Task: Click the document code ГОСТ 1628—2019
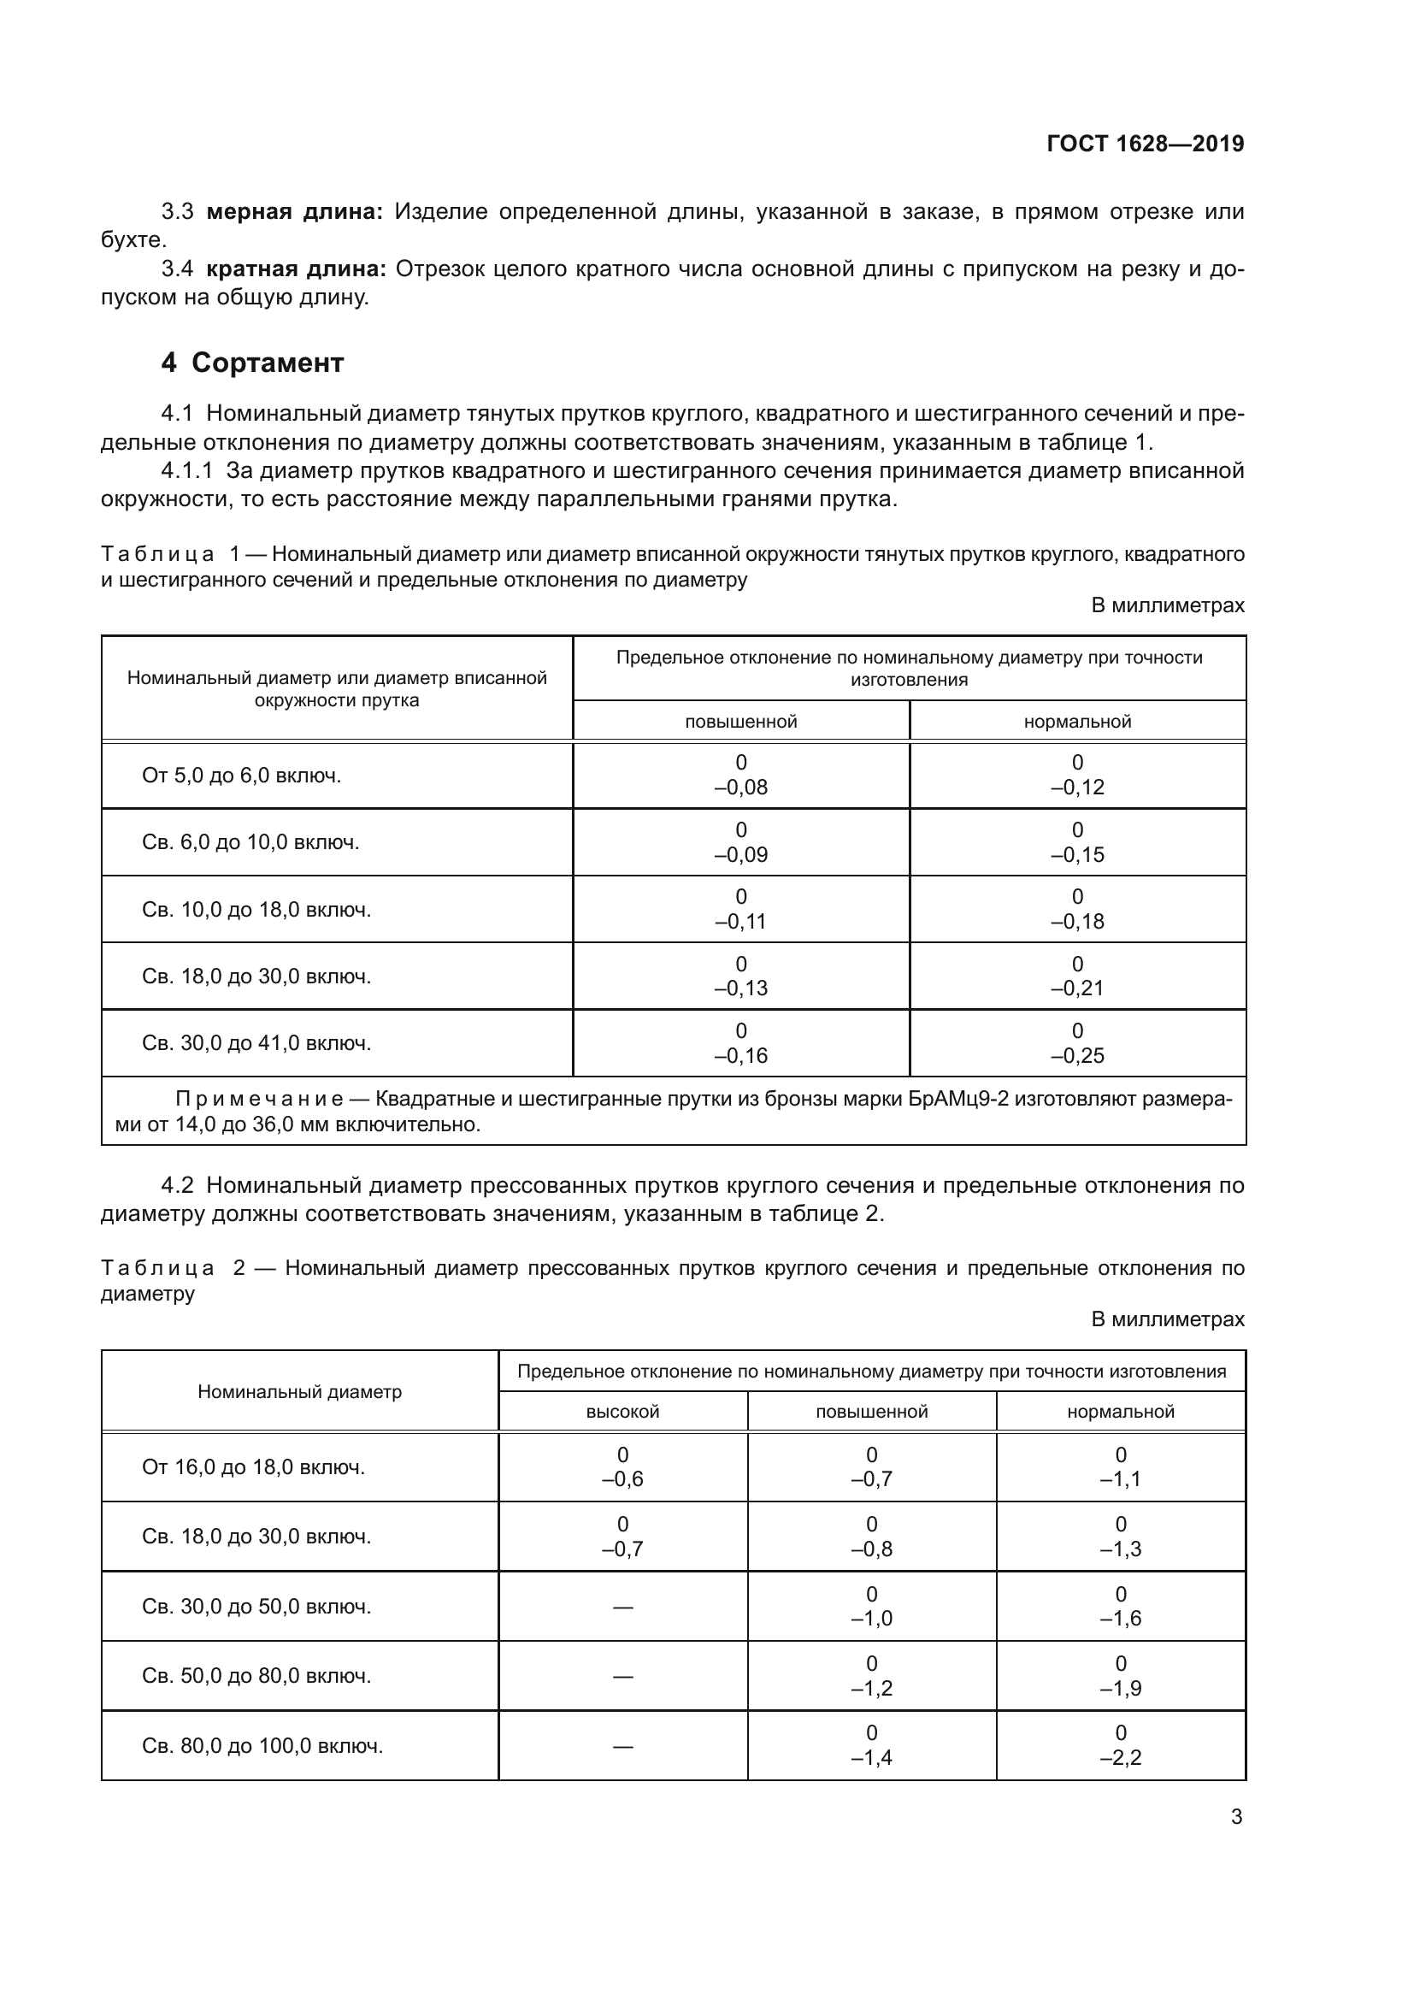tap(1145, 144)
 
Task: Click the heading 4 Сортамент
tap(252, 363)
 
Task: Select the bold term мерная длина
tap(294, 212)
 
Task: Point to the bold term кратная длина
tap(296, 269)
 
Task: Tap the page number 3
tap(1235, 1817)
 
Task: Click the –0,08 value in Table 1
tap(741, 788)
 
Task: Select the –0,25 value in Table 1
tap(1077, 1056)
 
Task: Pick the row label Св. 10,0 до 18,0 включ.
tap(256, 910)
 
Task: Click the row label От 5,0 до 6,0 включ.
tap(241, 776)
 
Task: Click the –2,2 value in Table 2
tap(1121, 1758)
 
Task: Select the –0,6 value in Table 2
tap(622, 1479)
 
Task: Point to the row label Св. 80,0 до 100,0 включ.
tap(262, 1746)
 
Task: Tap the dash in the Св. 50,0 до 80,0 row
tap(622, 1676)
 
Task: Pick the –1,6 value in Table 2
tap(1121, 1619)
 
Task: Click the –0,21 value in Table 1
tap(1077, 988)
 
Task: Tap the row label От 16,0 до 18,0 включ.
tap(252, 1467)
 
